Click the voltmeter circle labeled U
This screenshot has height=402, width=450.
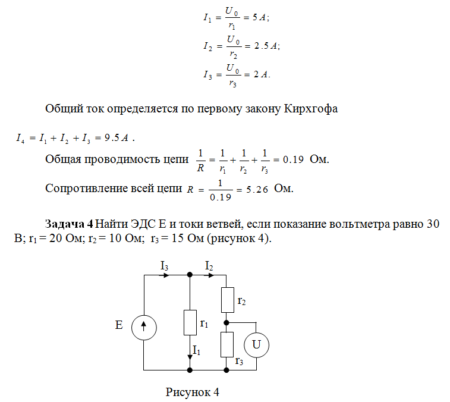(x=256, y=344)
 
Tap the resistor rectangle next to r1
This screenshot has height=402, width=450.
(x=190, y=322)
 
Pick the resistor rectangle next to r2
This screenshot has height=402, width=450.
(x=227, y=300)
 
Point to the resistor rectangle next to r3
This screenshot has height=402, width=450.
(x=227, y=344)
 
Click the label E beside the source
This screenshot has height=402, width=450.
(x=118, y=326)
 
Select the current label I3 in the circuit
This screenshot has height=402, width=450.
(x=165, y=266)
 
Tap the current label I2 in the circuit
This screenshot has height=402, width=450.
(x=209, y=266)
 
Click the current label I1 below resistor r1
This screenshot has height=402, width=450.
(x=196, y=350)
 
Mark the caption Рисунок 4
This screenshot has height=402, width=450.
(x=193, y=392)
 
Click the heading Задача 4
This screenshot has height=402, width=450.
(x=69, y=224)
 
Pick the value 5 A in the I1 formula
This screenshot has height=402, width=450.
(x=259, y=18)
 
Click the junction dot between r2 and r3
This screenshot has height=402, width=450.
(x=227, y=322)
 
